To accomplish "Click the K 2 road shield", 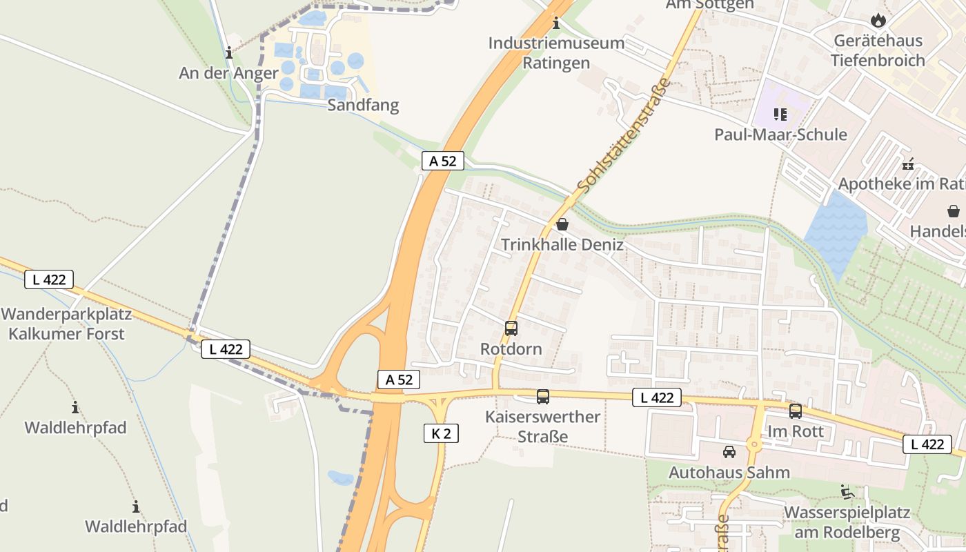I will pos(441,433).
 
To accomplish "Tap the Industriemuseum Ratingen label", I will pos(556,52).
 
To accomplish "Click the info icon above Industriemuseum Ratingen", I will pos(556,23).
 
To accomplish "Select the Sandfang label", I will pos(363,106).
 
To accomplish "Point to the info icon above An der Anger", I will pos(229,52).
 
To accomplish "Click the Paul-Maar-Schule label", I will pos(780,134).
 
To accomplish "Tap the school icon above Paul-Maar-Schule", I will pos(780,114).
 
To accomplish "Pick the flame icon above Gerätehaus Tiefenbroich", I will pos(878,20).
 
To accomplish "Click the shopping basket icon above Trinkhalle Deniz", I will pos(562,224).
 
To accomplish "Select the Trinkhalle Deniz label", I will pos(562,245).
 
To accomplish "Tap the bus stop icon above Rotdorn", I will pos(511,328).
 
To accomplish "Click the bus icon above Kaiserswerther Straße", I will pos(543,397).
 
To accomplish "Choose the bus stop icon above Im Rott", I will pos(796,411).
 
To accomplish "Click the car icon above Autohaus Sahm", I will pos(729,452).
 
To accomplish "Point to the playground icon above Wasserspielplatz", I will pos(847,492).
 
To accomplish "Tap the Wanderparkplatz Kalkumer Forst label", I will pos(66,324).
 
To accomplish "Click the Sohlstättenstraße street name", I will pos(624,135).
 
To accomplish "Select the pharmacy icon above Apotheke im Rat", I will pos(908,164).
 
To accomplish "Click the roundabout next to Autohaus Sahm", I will pos(754,445).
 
